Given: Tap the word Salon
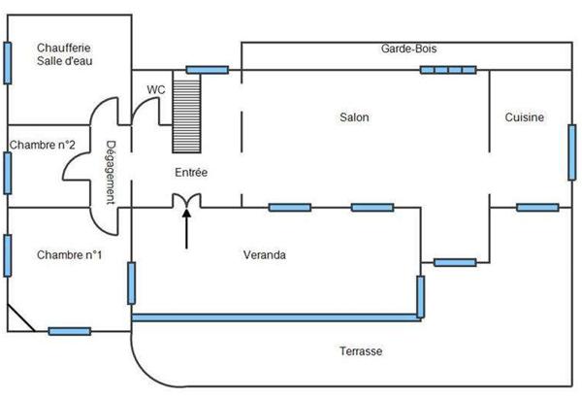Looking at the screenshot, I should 354,117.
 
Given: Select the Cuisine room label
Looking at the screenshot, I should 524,117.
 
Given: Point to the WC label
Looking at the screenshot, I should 155,89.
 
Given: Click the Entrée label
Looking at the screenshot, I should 191,172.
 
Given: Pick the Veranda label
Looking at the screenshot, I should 264,255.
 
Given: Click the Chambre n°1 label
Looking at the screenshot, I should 70,255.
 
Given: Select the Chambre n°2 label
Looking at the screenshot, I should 44,145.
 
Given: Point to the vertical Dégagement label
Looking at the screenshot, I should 112,173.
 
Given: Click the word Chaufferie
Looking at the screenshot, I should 64,47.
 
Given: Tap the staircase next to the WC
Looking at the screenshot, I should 186,113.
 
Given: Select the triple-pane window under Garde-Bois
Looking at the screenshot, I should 448,70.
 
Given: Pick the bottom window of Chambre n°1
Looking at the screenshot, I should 69,331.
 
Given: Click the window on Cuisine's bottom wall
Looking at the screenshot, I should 537,207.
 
